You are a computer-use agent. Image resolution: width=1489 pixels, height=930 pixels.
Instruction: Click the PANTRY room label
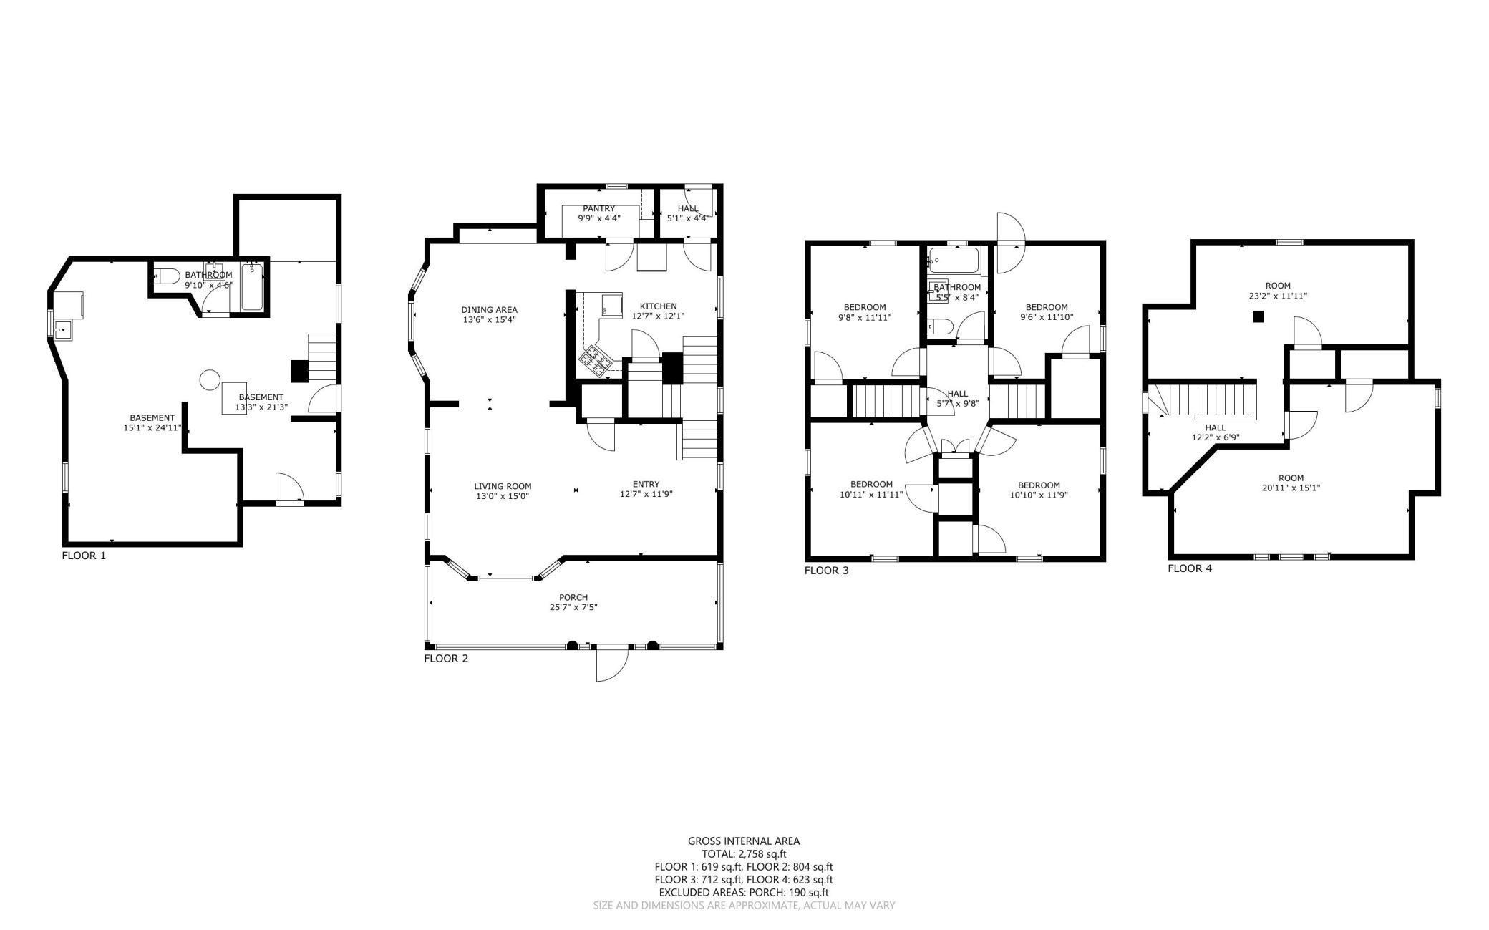[x=598, y=209]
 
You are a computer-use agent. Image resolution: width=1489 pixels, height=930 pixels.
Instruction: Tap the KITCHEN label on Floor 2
[x=658, y=306]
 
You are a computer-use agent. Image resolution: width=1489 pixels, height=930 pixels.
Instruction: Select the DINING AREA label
[x=489, y=310]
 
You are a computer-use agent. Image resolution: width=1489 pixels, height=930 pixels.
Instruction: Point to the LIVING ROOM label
[x=503, y=486]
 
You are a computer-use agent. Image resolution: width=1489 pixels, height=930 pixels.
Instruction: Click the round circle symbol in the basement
[x=210, y=379]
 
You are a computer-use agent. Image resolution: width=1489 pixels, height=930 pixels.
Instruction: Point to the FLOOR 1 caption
[x=84, y=556]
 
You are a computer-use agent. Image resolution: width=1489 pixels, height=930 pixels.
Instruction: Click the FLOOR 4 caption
[x=1190, y=568]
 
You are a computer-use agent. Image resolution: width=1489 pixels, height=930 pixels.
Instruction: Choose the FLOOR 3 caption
[x=826, y=571]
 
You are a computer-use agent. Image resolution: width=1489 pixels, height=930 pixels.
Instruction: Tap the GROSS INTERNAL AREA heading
[x=744, y=841]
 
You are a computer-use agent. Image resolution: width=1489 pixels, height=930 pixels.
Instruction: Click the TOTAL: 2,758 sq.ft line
[x=744, y=853]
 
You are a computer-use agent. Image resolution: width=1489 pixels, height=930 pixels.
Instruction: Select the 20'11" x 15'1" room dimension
[x=1291, y=488]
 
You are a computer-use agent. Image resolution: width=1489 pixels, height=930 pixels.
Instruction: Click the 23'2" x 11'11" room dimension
[x=1278, y=295]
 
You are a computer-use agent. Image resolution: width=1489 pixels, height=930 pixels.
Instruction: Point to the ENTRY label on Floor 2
[x=646, y=484]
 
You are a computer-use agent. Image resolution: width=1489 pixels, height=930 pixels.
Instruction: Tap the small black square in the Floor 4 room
[x=1258, y=316]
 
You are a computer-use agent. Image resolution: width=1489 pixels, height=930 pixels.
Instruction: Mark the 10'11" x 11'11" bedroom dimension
[x=871, y=493]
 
